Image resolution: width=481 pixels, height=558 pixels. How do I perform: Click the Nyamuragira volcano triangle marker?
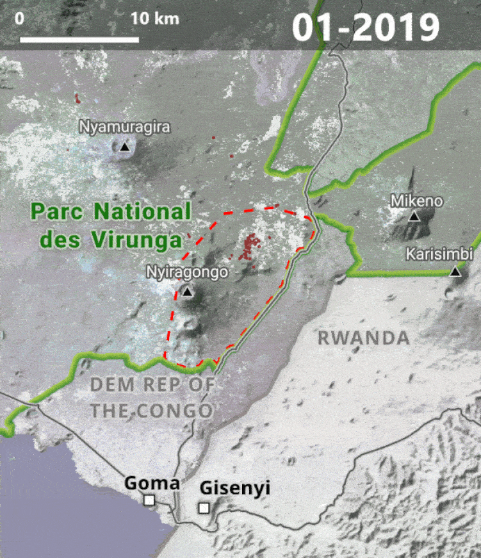(x=124, y=147)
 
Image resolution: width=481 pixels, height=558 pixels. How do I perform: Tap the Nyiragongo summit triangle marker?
(x=187, y=292)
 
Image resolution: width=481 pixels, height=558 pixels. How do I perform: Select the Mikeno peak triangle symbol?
(x=414, y=217)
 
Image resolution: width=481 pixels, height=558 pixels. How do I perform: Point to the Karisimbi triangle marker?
(x=455, y=272)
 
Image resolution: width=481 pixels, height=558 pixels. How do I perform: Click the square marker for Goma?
(x=149, y=500)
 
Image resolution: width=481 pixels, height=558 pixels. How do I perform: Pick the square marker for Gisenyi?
(x=204, y=508)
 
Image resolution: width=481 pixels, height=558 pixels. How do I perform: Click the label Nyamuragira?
(x=125, y=127)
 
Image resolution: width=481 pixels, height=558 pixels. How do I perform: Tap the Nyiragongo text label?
(x=187, y=272)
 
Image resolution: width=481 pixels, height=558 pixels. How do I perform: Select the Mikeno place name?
(x=416, y=201)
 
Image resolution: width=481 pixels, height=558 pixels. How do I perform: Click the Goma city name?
(x=151, y=482)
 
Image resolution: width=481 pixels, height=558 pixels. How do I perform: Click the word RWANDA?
(x=363, y=338)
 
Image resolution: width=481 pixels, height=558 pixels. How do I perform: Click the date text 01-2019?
(x=366, y=27)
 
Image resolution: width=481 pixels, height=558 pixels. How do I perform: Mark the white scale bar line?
(x=79, y=40)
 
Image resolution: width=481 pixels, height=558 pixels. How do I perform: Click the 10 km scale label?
(x=154, y=18)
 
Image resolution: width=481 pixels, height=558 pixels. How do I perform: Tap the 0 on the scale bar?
(x=20, y=18)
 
